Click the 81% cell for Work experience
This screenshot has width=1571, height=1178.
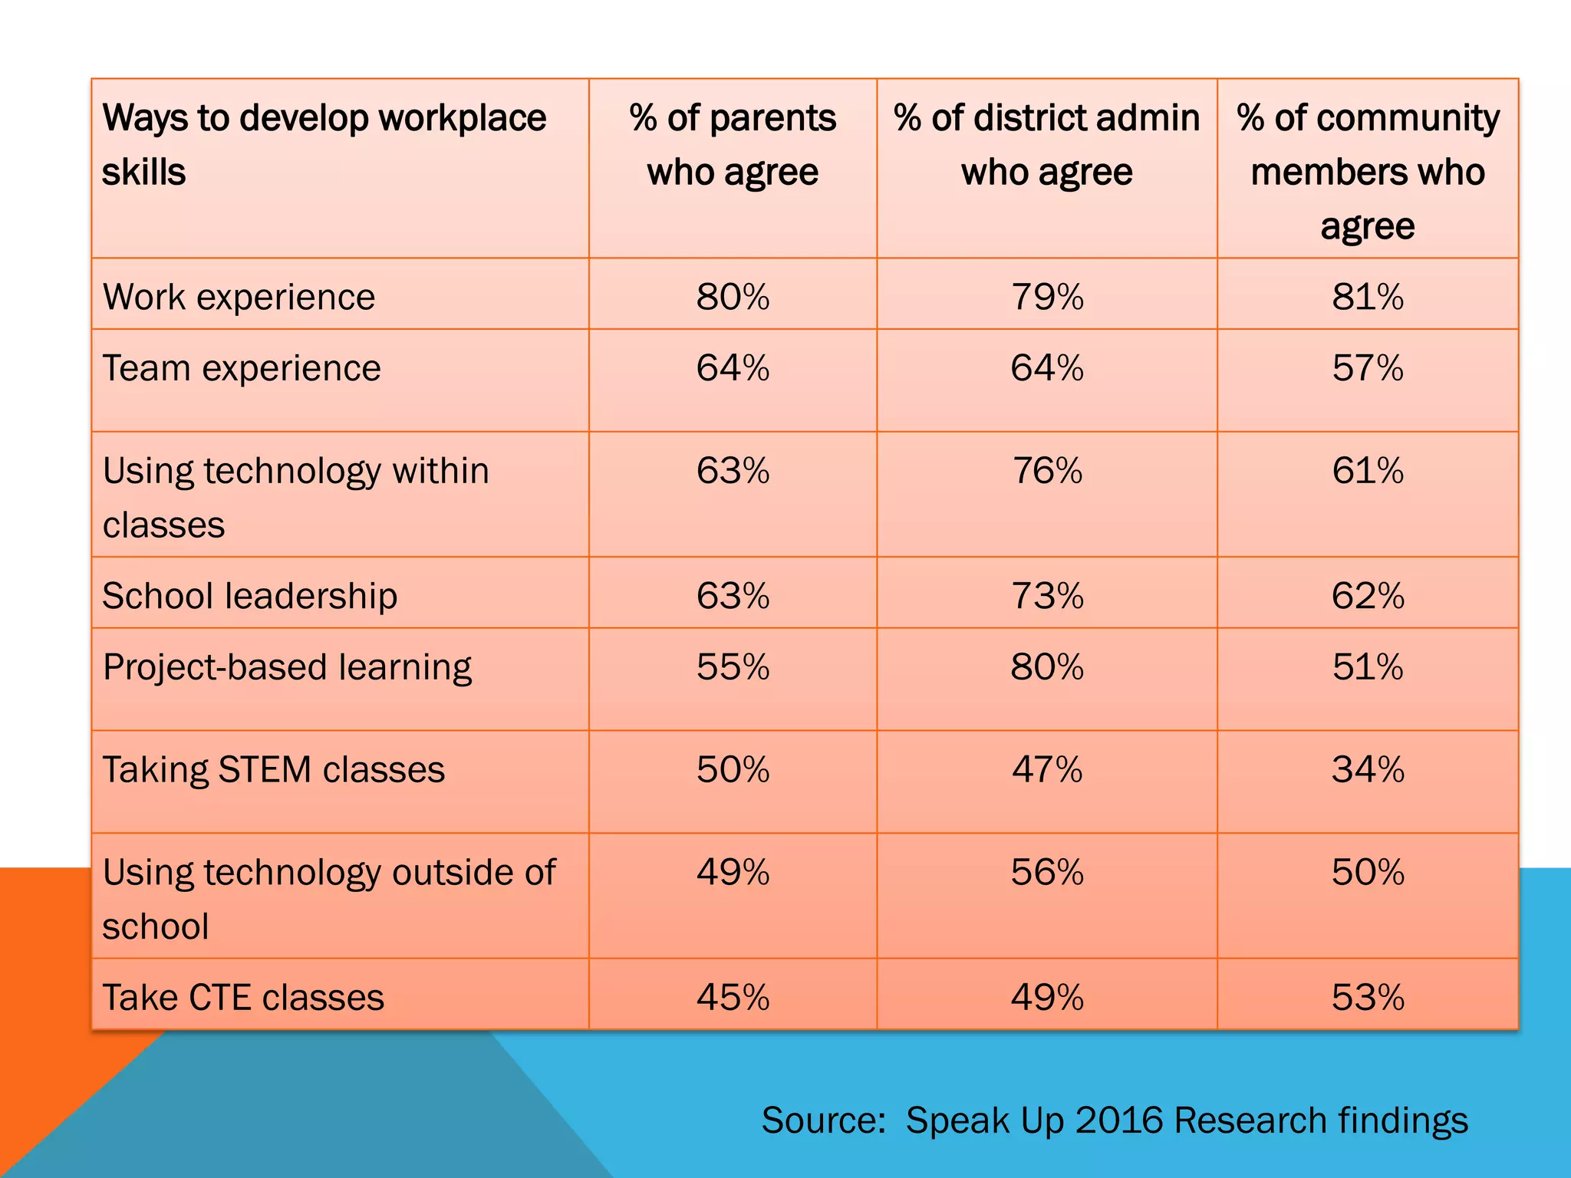(1367, 297)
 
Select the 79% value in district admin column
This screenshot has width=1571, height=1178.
(1047, 297)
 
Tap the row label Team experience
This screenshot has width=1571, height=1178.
(242, 368)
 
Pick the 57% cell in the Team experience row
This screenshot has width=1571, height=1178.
(1367, 368)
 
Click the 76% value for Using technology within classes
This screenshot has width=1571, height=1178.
(1047, 470)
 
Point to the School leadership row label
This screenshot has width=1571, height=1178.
(250, 596)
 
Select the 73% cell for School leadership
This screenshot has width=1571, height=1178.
(1047, 596)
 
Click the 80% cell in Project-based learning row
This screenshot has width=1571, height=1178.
(1047, 666)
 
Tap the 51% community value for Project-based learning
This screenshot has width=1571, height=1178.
(1367, 666)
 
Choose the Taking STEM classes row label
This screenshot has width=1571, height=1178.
(274, 769)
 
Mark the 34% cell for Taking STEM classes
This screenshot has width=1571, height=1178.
(1367, 769)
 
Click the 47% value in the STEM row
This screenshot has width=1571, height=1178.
(1047, 769)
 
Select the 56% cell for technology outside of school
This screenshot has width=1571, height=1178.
(1047, 872)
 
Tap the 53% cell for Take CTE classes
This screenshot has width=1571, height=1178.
(1367, 997)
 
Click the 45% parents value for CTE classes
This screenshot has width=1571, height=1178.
(733, 997)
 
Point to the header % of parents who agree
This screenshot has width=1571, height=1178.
(733, 145)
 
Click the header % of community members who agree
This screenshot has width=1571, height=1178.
(1367, 172)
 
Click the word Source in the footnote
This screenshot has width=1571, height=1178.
(822, 1120)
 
